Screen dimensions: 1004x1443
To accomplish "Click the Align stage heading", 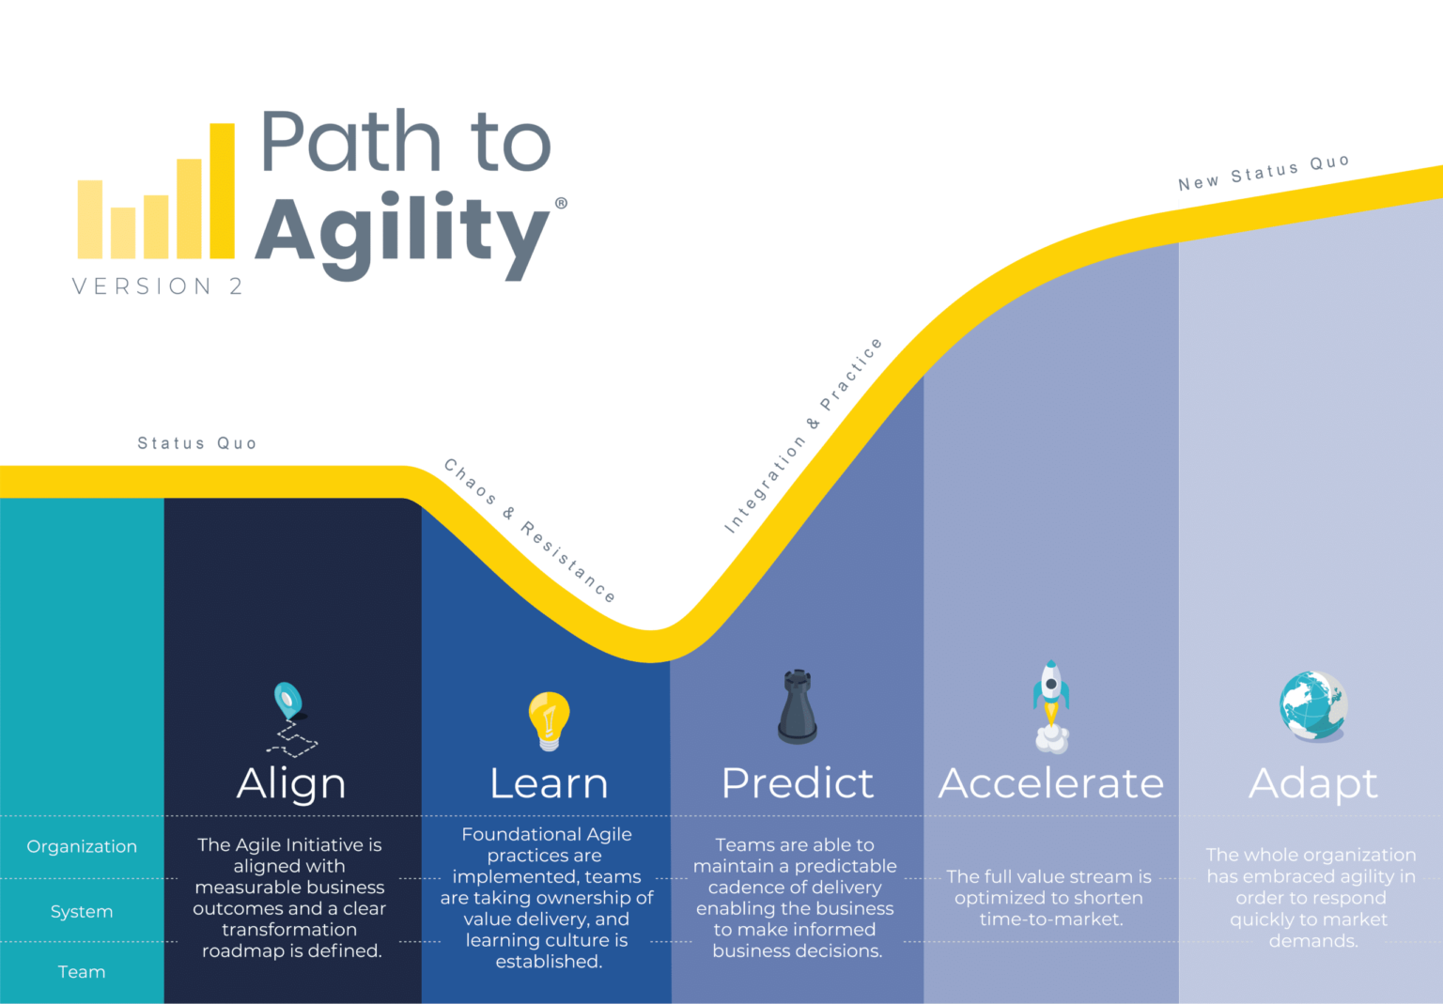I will tap(291, 784).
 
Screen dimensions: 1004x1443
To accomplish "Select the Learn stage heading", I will tap(549, 783).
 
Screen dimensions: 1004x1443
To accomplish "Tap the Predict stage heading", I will tap(797, 783).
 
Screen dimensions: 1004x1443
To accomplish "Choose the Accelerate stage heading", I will tap(1051, 783).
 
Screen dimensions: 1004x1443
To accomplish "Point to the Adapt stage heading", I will tap(1312, 784).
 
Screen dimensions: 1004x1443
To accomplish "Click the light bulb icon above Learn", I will tap(549, 720).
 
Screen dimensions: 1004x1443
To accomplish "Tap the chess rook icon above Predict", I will tap(797, 707).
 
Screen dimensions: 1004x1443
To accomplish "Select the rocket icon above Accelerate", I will tap(1051, 706).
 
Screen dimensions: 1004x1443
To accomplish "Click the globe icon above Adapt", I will tap(1313, 705).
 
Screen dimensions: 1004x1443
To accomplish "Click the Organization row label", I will tap(82, 846).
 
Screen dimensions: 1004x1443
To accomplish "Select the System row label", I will tap(82, 911).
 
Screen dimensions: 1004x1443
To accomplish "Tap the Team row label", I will tap(82, 972).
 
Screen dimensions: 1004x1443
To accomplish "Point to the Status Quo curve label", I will tap(196, 443).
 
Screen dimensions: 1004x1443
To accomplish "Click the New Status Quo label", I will tap(1264, 173).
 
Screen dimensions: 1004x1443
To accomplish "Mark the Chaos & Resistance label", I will tap(530, 531).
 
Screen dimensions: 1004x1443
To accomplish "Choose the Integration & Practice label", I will tap(803, 436).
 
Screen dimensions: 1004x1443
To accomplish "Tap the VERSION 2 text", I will tap(157, 286).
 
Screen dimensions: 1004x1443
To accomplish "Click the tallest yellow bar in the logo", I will tap(222, 191).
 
